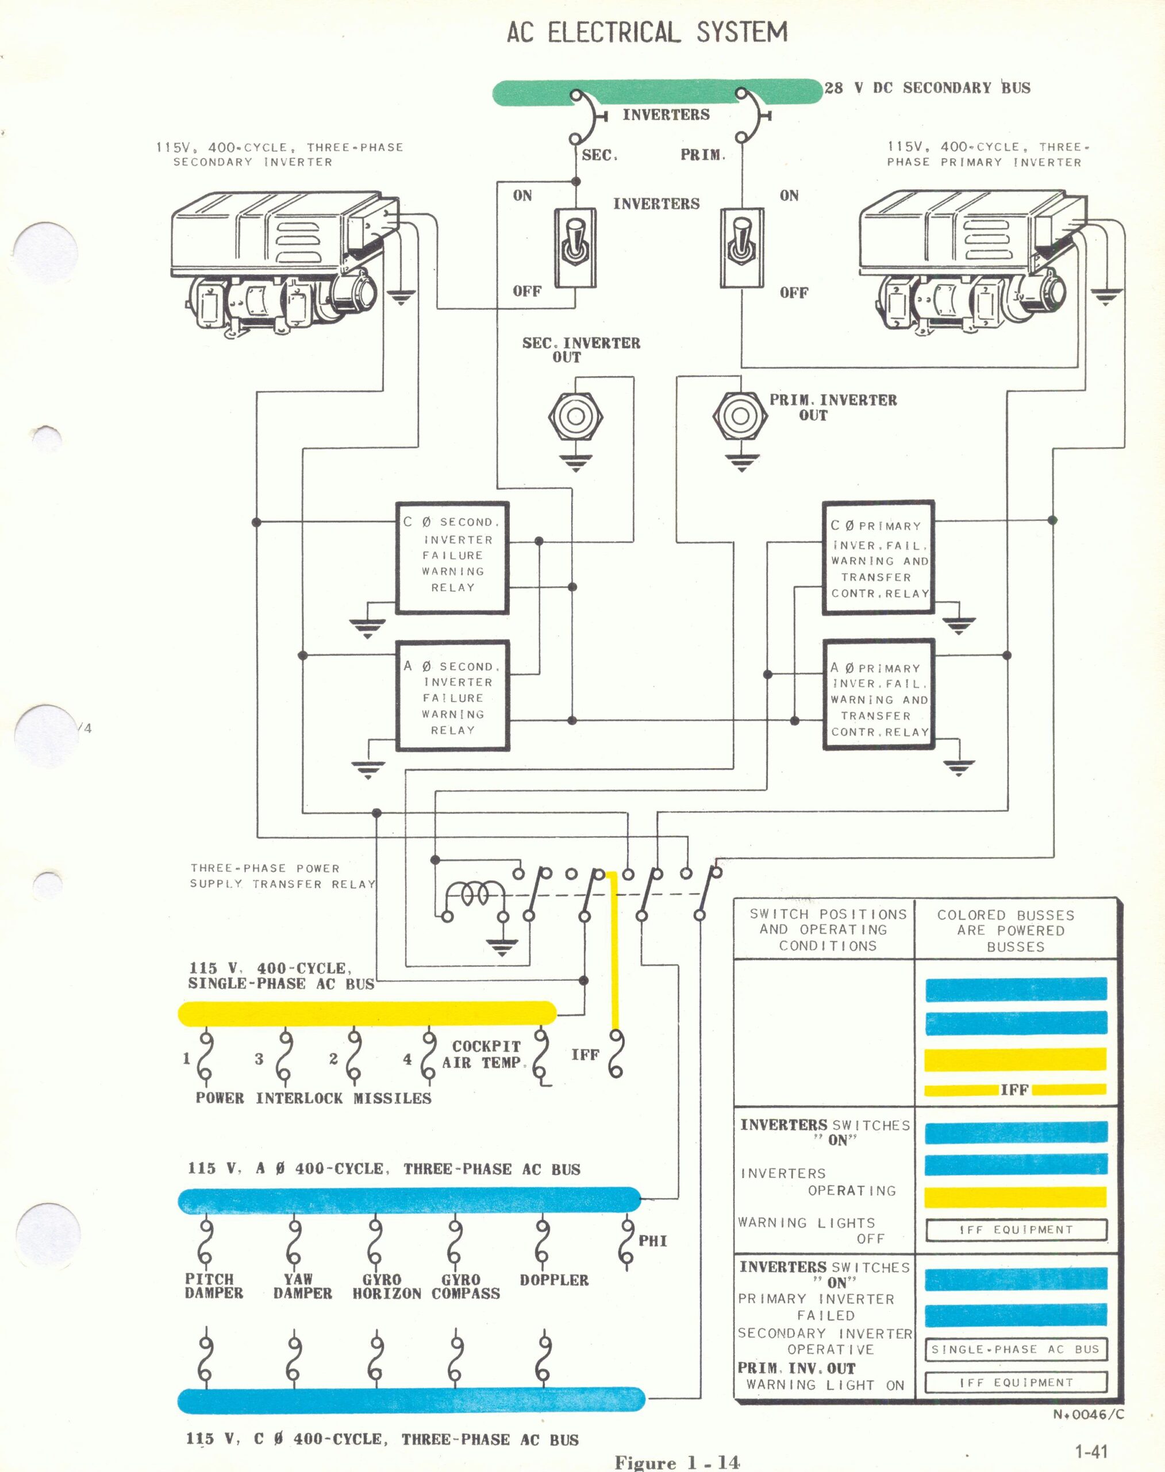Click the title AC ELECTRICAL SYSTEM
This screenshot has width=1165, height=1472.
point(647,32)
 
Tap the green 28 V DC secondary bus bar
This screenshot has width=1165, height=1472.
point(658,92)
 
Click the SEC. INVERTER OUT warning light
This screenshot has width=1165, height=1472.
point(576,416)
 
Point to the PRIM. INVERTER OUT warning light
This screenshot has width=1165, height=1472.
point(736,416)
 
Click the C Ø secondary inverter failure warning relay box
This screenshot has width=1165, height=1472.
point(453,558)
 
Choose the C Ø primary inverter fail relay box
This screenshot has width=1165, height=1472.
point(878,558)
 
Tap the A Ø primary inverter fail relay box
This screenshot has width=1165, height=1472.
point(878,696)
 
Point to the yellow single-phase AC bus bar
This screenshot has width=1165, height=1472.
point(367,1013)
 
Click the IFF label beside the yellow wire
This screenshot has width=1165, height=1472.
point(585,1055)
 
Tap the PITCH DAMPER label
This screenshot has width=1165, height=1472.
point(213,1286)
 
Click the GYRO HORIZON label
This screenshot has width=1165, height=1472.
point(387,1286)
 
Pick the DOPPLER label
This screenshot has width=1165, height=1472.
point(554,1280)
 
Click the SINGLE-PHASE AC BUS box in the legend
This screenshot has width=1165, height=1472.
point(1016,1349)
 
